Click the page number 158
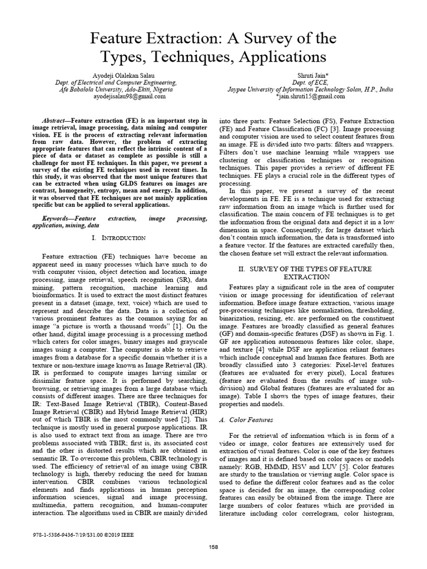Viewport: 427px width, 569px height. click(213, 547)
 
